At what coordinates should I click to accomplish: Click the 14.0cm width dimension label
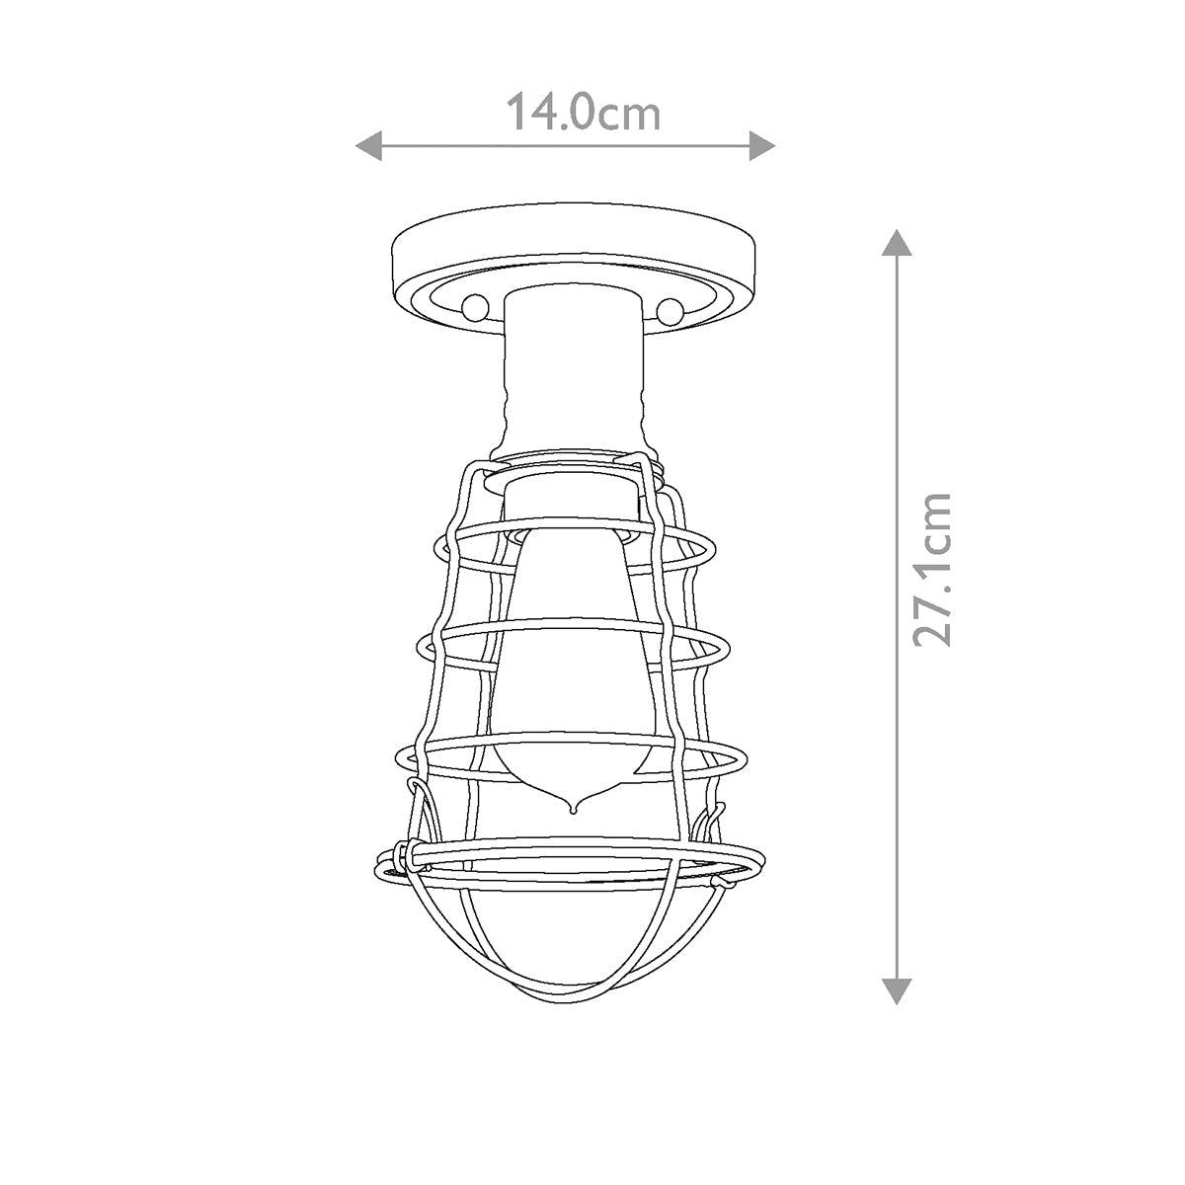[x=583, y=113]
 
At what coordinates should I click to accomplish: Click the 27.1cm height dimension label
[x=932, y=570]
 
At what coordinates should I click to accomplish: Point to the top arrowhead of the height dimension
[x=895, y=242]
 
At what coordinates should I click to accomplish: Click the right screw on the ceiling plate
[x=671, y=310]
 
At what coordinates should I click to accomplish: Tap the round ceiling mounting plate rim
[x=573, y=247]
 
